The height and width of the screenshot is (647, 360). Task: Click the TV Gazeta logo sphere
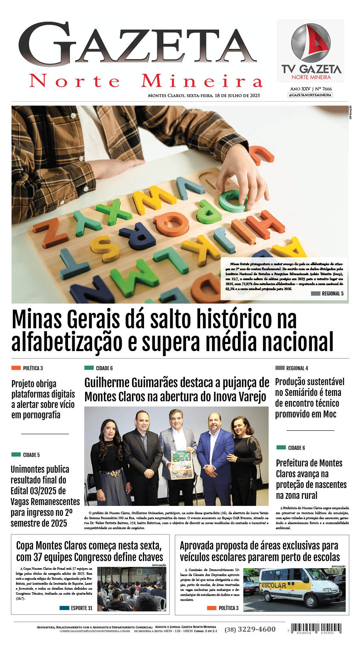[310, 43]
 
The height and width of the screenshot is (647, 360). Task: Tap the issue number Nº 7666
[323, 89]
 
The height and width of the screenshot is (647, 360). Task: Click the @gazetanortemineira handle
[310, 95]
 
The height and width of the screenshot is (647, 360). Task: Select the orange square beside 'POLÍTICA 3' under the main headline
[16, 368]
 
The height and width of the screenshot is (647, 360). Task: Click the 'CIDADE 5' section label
[31, 455]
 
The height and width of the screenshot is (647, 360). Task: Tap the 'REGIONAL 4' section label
[297, 368]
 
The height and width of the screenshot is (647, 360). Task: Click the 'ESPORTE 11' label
[81, 608]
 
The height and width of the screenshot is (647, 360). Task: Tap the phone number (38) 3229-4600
[250, 629]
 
